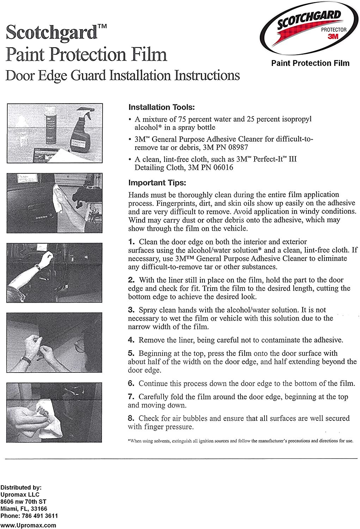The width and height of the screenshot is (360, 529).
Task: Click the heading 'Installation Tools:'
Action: pyautogui.click(x=161, y=107)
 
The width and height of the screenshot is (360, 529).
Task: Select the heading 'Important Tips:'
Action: pyautogui.click(x=157, y=183)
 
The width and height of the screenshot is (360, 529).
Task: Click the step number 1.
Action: pyautogui.click(x=131, y=242)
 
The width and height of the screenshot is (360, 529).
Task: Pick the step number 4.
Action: pyautogui.click(x=131, y=340)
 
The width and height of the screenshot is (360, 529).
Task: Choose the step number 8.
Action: pyautogui.click(x=131, y=418)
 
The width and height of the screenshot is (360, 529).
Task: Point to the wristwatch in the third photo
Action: pyautogui.click(x=37, y=267)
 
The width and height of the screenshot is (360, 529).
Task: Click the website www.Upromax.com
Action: pyautogui.click(x=28, y=525)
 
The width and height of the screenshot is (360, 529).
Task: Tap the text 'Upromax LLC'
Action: pyautogui.click(x=20, y=494)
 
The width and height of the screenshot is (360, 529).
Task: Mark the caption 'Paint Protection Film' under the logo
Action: pyautogui.click(x=310, y=63)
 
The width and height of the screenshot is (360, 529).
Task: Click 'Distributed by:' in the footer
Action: pyautogui.click(x=21, y=487)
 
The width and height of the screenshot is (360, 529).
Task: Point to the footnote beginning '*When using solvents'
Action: pyautogui.click(x=240, y=441)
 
